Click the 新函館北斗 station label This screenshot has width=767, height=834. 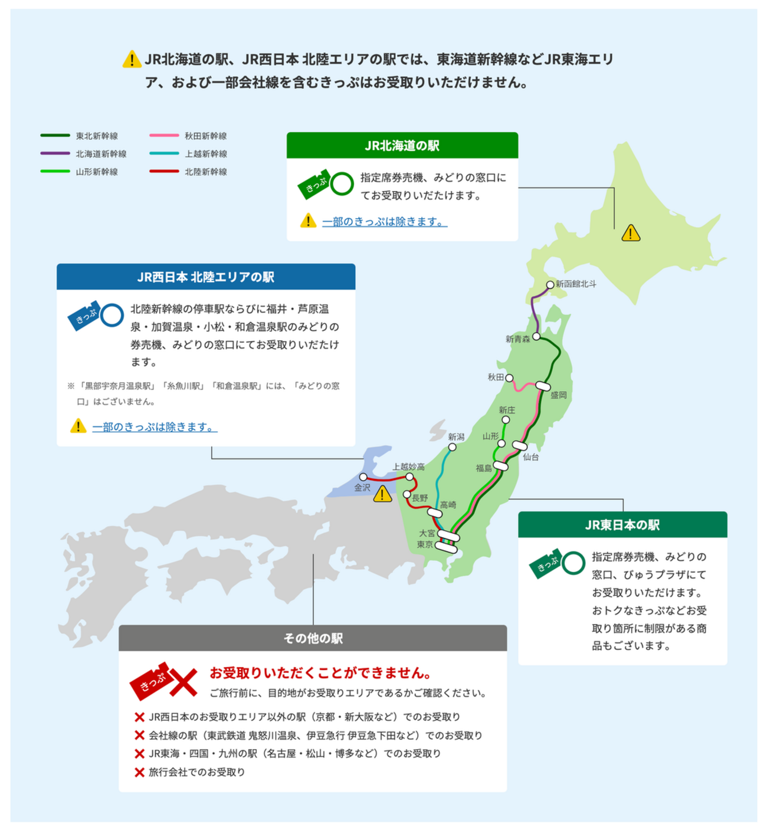(x=575, y=284)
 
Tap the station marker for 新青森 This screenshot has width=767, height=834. (x=536, y=337)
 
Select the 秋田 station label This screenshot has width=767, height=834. (x=496, y=377)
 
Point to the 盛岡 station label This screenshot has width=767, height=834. (x=558, y=395)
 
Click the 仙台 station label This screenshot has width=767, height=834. (x=530, y=457)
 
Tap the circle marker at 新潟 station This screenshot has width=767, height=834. (x=453, y=447)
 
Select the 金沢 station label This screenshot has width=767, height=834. (x=362, y=488)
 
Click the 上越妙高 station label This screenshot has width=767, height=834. (x=408, y=467)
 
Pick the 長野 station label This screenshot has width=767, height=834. (x=420, y=498)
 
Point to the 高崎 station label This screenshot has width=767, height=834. (x=448, y=505)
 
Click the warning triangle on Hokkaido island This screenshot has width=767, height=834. (x=631, y=234)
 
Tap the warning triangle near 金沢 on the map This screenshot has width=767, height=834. (x=382, y=494)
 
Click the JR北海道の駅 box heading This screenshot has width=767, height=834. (x=402, y=146)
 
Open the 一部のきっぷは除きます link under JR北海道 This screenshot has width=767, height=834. (x=384, y=222)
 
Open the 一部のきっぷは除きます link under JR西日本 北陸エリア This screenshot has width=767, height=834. (x=155, y=427)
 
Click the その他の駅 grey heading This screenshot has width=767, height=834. (x=313, y=638)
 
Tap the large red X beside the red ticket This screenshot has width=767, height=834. (x=185, y=683)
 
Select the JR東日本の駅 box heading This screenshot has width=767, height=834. (x=622, y=525)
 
